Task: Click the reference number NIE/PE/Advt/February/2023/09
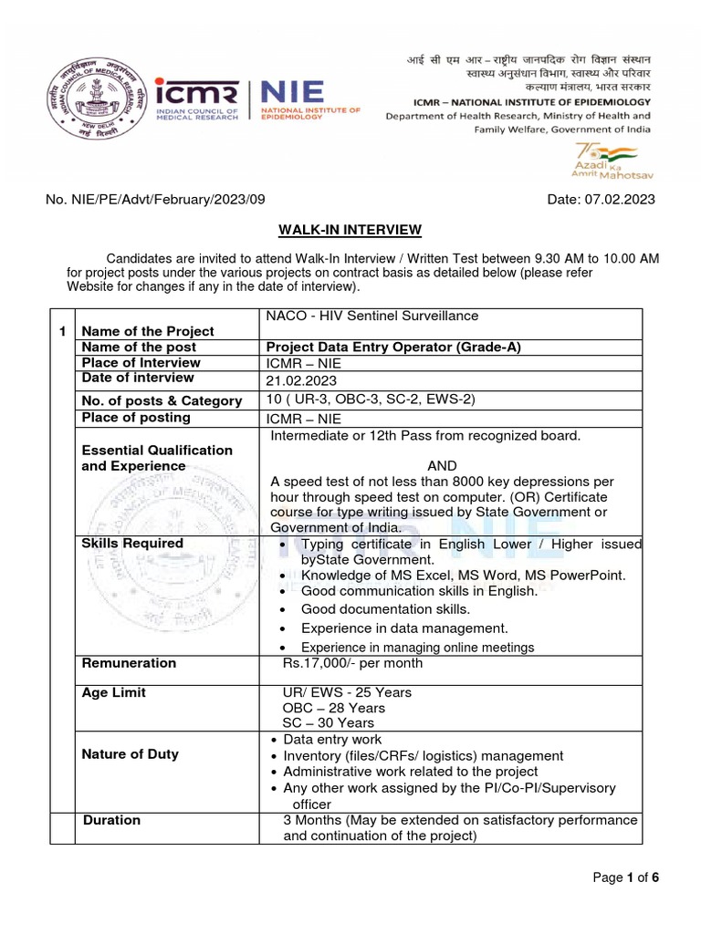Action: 156,200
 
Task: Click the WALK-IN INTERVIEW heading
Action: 350,229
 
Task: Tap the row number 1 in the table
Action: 62,331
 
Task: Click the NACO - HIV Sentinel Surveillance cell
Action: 371,316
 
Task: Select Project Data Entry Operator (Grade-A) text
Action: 394,347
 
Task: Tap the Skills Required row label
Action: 132,544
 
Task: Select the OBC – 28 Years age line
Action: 334,708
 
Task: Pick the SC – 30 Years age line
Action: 329,723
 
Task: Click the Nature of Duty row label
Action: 131,754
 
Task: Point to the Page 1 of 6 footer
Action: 625,877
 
